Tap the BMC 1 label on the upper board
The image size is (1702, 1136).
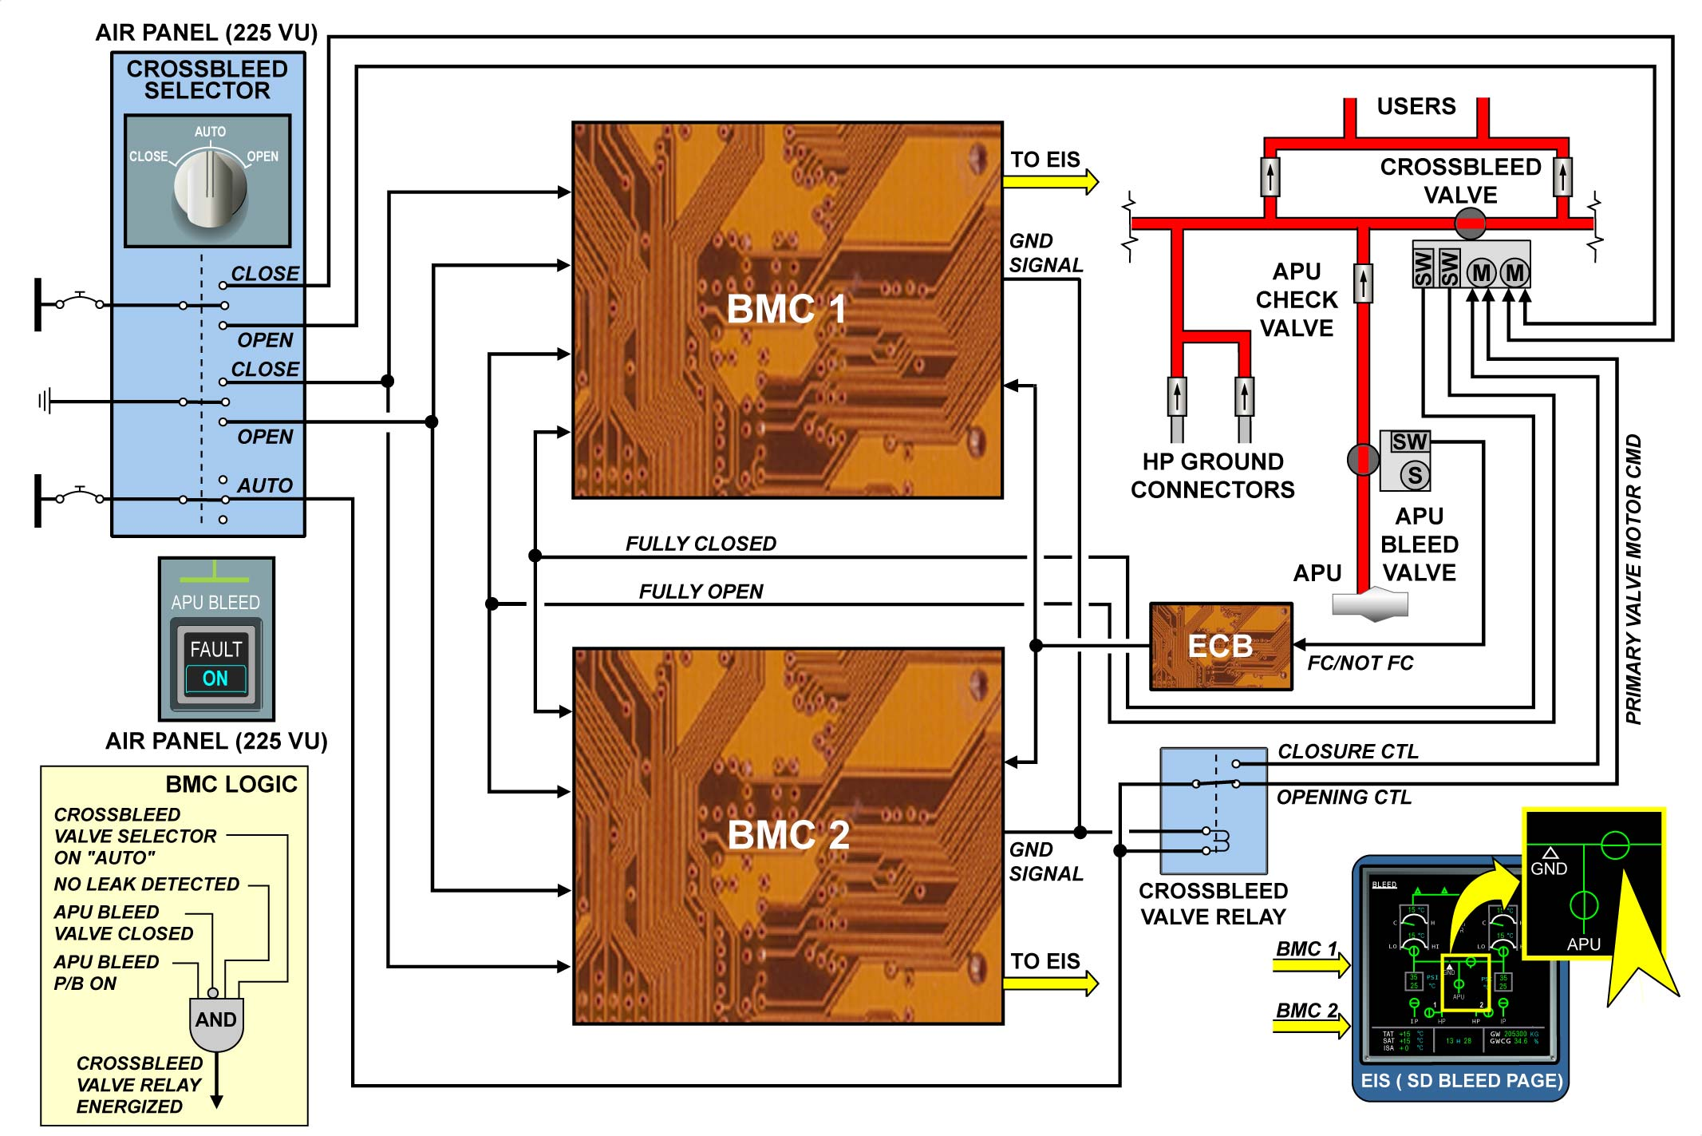tap(786, 309)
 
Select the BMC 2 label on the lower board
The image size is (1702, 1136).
tap(788, 835)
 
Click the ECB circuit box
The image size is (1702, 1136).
tap(1220, 646)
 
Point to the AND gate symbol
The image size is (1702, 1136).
tap(216, 1023)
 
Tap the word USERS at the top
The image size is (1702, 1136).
tap(1416, 106)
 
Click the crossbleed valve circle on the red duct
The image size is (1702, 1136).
tap(1470, 224)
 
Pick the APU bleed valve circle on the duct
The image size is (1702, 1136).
tap(1363, 459)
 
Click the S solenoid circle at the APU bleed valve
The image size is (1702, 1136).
tap(1415, 475)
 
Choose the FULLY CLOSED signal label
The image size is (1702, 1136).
tap(701, 544)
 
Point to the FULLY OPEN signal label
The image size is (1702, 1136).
tap(701, 592)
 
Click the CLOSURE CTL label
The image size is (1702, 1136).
tap(1348, 751)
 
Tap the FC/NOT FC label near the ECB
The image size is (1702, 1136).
tap(1360, 663)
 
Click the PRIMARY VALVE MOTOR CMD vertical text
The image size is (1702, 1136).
tap(1633, 579)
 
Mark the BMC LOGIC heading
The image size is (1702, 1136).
tap(231, 784)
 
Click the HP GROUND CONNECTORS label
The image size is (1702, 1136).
tap(1212, 475)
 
